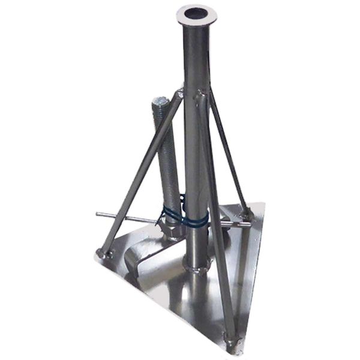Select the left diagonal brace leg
141,174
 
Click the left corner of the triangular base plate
95,256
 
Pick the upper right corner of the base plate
263,204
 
